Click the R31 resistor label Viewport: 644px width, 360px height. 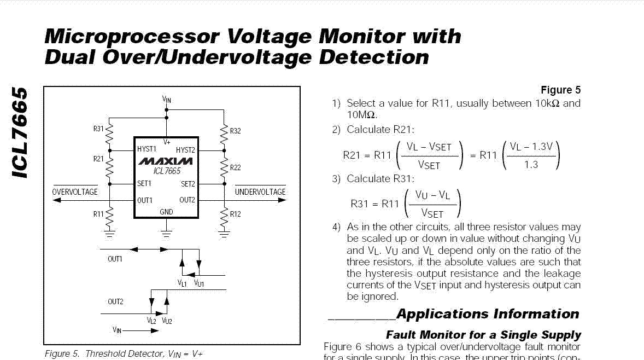point(98,129)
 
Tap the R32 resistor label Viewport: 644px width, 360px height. point(235,131)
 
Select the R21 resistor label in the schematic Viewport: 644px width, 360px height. point(98,159)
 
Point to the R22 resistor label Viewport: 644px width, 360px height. point(235,167)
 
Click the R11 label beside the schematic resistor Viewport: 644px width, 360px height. point(98,214)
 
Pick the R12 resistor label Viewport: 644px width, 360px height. point(235,214)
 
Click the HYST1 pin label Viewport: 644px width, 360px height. point(147,149)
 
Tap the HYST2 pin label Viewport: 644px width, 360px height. point(186,150)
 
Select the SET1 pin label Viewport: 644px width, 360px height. point(144,184)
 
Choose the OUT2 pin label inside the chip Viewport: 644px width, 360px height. point(187,200)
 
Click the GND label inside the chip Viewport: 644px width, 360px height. point(166,212)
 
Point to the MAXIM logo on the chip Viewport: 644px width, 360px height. point(166,161)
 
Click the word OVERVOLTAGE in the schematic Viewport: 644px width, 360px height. point(75,192)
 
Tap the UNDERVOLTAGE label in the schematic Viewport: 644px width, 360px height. point(260,192)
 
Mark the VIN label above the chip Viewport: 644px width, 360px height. point(167,100)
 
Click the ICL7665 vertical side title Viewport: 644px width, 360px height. point(19,132)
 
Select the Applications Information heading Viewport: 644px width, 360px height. point(488,314)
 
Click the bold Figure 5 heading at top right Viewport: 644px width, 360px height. point(560,90)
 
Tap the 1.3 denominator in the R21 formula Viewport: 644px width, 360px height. point(531,165)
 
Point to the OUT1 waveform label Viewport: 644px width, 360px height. point(115,259)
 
